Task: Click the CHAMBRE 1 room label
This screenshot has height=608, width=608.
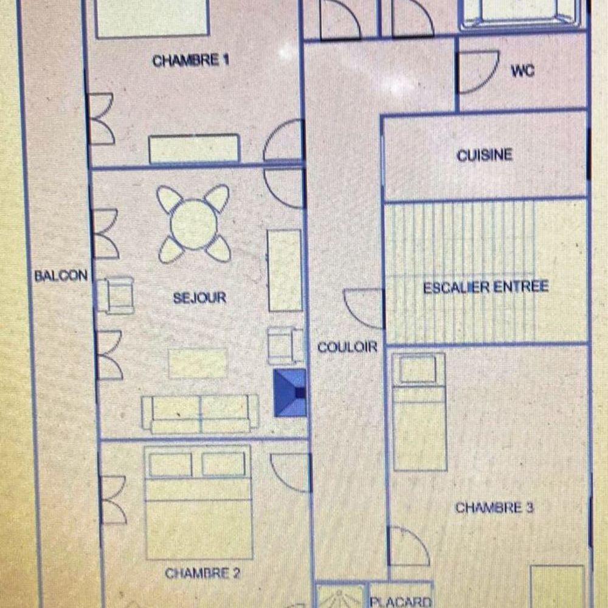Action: [x=190, y=61]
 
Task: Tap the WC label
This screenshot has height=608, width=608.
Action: [x=522, y=71]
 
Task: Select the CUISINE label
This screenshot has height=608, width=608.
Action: [x=485, y=156]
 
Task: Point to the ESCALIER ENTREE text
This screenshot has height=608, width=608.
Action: [x=486, y=287]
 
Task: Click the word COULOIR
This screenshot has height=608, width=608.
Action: [x=347, y=347]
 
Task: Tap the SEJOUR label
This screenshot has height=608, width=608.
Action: [x=199, y=298]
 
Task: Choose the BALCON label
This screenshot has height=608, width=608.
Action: [x=61, y=276]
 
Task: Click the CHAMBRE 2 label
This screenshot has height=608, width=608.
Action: [x=198, y=573]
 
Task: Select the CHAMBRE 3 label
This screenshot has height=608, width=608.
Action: [x=494, y=508]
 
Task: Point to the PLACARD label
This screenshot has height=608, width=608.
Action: [x=401, y=601]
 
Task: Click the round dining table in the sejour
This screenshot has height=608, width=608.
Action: [x=194, y=223]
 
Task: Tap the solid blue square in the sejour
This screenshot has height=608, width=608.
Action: [x=289, y=393]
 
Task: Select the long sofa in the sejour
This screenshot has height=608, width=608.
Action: [x=200, y=414]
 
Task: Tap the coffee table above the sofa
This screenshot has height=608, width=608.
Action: [x=198, y=363]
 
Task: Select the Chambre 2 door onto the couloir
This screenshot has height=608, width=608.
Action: [x=291, y=472]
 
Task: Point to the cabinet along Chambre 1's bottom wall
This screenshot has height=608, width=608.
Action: [x=194, y=148]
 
